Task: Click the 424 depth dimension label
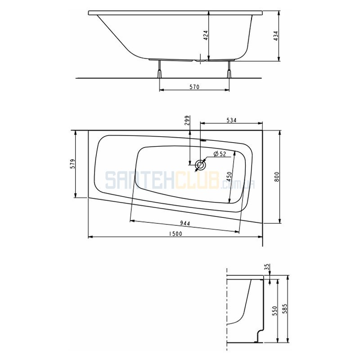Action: [206, 36]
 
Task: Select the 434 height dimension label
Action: [276, 36]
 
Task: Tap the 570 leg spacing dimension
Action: [194, 87]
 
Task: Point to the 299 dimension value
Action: [187, 120]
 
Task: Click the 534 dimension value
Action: [231, 120]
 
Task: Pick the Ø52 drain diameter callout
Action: [220, 154]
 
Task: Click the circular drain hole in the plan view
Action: [200, 165]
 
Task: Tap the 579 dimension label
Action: [73, 164]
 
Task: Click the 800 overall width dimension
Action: [277, 177]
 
